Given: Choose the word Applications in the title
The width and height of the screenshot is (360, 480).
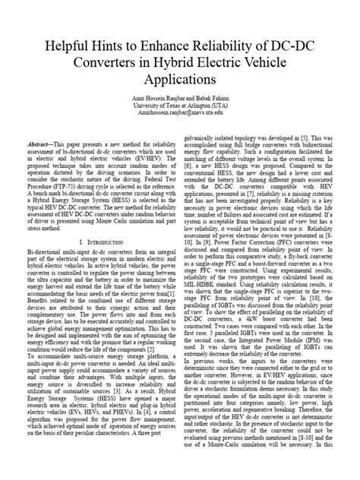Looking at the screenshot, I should (179, 77).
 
